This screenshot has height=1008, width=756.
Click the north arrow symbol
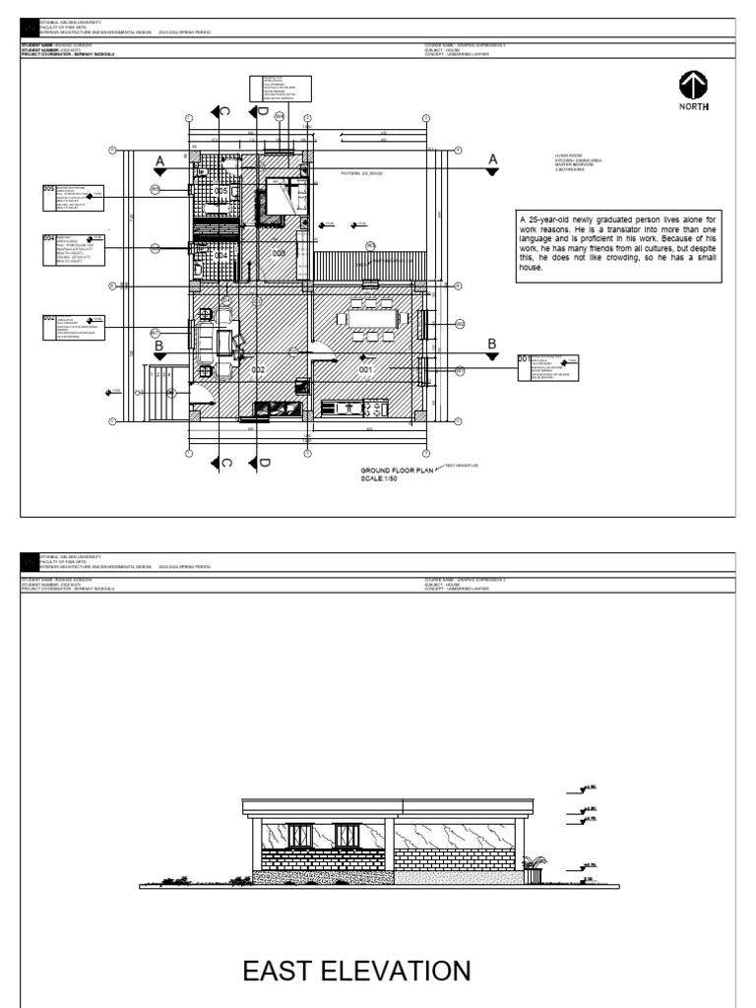[x=691, y=83]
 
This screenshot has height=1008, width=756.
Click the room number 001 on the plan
[x=366, y=369]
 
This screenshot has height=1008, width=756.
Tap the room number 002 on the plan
[x=258, y=369]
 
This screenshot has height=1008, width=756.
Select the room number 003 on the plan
[x=279, y=253]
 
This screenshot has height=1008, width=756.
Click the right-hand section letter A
[x=493, y=159]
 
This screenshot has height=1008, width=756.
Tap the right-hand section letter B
[x=493, y=343]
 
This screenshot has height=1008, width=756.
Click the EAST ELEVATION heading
[x=356, y=972]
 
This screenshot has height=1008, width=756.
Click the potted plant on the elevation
[x=535, y=866]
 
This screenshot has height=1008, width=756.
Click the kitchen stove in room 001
[x=375, y=407]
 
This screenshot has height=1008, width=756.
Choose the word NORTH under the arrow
[x=692, y=105]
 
